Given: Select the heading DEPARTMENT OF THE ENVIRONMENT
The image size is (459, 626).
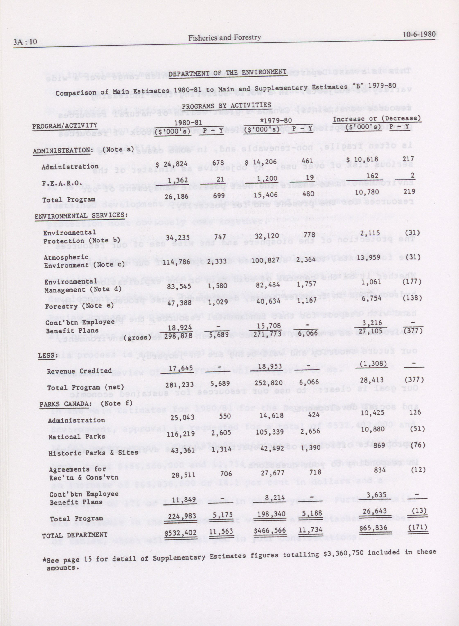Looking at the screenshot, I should [x=228, y=73].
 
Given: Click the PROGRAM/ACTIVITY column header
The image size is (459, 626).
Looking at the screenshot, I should [x=64, y=126].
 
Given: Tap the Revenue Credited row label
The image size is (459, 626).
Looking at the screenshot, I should [x=79, y=371].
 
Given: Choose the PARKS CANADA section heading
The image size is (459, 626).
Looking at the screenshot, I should [x=65, y=404].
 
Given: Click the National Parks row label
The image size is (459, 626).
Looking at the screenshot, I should [x=77, y=437].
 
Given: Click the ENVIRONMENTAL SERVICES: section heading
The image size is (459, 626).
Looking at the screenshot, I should [x=81, y=215].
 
